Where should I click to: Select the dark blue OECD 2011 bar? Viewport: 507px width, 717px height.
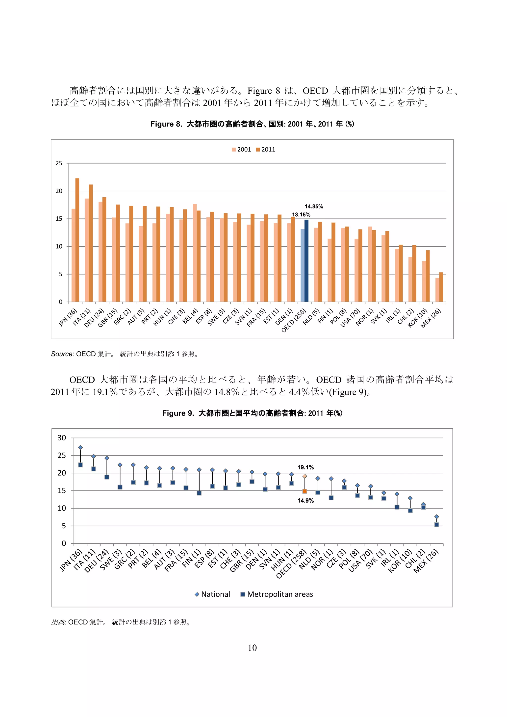click(x=306, y=261)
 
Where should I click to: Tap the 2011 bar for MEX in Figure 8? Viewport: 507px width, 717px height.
click(x=441, y=287)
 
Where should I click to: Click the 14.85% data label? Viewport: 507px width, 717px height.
click(x=314, y=206)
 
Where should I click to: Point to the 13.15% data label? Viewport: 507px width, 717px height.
click(x=301, y=215)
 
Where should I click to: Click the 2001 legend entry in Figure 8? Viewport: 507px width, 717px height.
click(x=241, y=150)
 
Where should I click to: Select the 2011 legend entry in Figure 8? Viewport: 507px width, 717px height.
click(x=266, y=150)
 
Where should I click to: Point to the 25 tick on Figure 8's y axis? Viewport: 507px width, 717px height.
click(x=59, y=163)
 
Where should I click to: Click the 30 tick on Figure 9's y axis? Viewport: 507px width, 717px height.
click(x=62, y=438)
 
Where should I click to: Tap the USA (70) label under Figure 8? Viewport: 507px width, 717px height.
click(x=350, y=318)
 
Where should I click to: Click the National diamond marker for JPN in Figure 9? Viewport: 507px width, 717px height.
click(x=80, y=447)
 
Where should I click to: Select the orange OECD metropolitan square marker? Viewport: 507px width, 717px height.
click(x=305, y=491)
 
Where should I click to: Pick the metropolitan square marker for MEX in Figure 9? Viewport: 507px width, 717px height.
click(x=437, y=525)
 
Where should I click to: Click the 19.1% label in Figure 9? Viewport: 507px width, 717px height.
click(x=305, y=467)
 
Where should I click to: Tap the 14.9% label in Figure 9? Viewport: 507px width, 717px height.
click(x=305, y=501)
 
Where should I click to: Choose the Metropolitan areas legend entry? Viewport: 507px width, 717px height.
click(x=277, y=594)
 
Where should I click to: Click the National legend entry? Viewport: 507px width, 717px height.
click(x=213, y=594)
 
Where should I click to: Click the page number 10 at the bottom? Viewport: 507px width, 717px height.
click(x=252, y=648)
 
